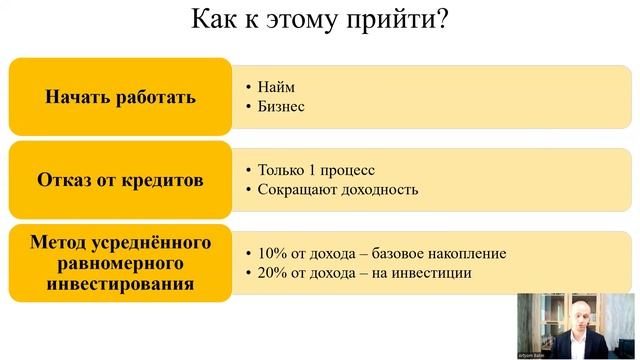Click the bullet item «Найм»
(x=276, y=87)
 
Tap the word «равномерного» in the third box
(x=120, y=264)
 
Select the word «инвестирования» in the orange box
(x=120, y=284)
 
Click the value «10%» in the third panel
(x=273, y=253)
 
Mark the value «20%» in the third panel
(x=273, y=272)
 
